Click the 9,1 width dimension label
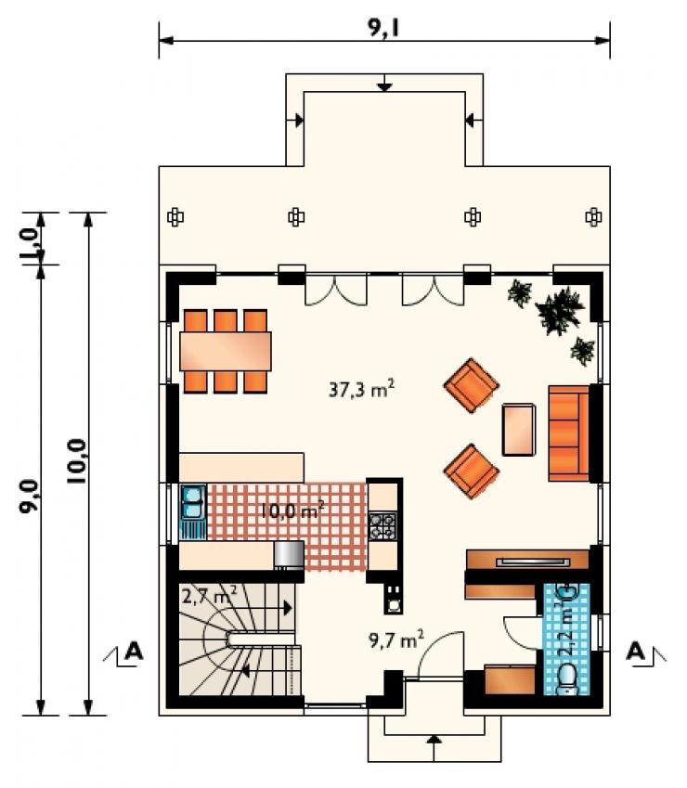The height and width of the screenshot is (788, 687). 383,29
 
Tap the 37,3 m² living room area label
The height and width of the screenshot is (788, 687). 361,389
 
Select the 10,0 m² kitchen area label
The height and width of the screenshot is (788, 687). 292,510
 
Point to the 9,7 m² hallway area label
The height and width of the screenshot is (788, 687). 396,639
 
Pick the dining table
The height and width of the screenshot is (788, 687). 226,351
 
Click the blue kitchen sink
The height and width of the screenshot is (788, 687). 193,502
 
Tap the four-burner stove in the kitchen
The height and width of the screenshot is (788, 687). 382,526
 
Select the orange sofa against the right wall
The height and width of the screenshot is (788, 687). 568,433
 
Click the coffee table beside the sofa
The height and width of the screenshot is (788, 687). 519,430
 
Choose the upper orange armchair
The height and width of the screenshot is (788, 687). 471,385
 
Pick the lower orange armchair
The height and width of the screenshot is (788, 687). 471,471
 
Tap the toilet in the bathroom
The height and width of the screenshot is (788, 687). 568,679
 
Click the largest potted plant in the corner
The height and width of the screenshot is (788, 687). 559,310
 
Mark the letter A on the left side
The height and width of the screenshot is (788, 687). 133,652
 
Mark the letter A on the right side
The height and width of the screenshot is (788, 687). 636,652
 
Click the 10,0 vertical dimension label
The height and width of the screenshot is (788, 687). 77,461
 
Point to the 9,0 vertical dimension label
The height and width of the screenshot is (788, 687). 29,496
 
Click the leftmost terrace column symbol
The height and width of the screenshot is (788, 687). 175,217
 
